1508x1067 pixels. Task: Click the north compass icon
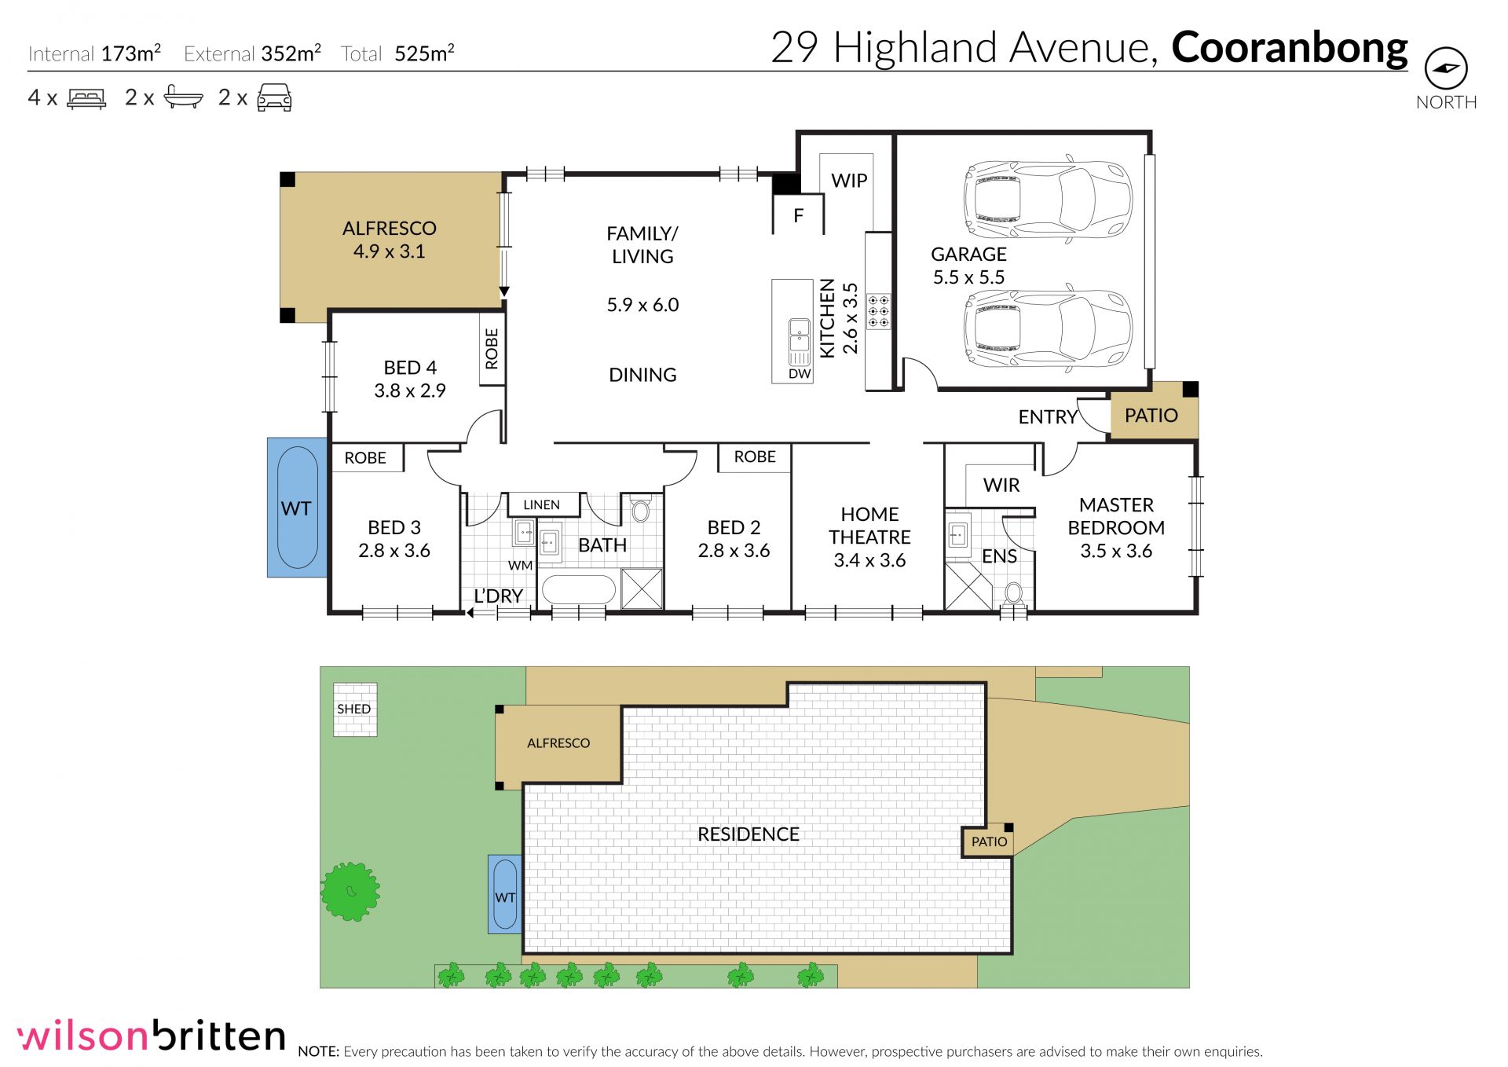pos(1446,69)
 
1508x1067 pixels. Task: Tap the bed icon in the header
pos(86,99)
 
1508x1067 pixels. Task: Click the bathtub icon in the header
pos(183,97)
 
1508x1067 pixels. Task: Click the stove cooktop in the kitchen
pos(878,311)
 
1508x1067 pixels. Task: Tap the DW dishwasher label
pos(800,374)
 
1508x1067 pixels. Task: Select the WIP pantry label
pos(849,180)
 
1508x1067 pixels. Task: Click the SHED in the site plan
pos(355,709)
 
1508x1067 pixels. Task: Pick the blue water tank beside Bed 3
pos(297,508)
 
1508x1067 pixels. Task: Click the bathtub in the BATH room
pos(579,589)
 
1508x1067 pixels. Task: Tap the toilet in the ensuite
pos(1014,593)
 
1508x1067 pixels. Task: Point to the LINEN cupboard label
pos(541,504)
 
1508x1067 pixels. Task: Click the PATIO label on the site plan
pos(989,841)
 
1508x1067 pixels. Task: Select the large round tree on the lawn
pos(350,891)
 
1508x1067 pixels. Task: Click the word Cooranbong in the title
pos(1290,49)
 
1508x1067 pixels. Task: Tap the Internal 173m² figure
pos(94,53)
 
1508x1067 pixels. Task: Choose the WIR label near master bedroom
pos(1001,485)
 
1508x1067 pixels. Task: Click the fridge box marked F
pos(799,214)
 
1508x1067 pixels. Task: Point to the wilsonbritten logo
pos(152,1036)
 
